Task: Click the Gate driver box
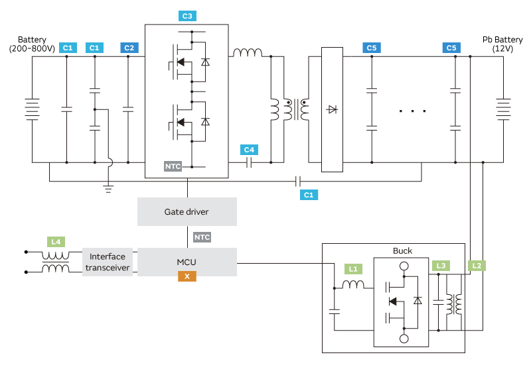coord(187,212)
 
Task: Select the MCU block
coord(187,262)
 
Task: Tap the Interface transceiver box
coord(107,262)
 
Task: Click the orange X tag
coord(187,276)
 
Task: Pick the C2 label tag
coord(129,48)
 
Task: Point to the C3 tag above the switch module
coord(188,15)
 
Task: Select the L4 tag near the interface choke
coord(56,242)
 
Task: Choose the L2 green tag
coord(476,266)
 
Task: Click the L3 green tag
coord(439,266)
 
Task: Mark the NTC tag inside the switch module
coord(173,166)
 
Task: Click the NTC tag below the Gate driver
coord(202,237)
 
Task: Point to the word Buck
coord(402,250)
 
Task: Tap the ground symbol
coord(108,188)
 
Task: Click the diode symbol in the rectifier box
coord(332,109)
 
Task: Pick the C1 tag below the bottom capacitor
coord(308,195)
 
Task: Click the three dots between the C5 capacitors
coord(413,111)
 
